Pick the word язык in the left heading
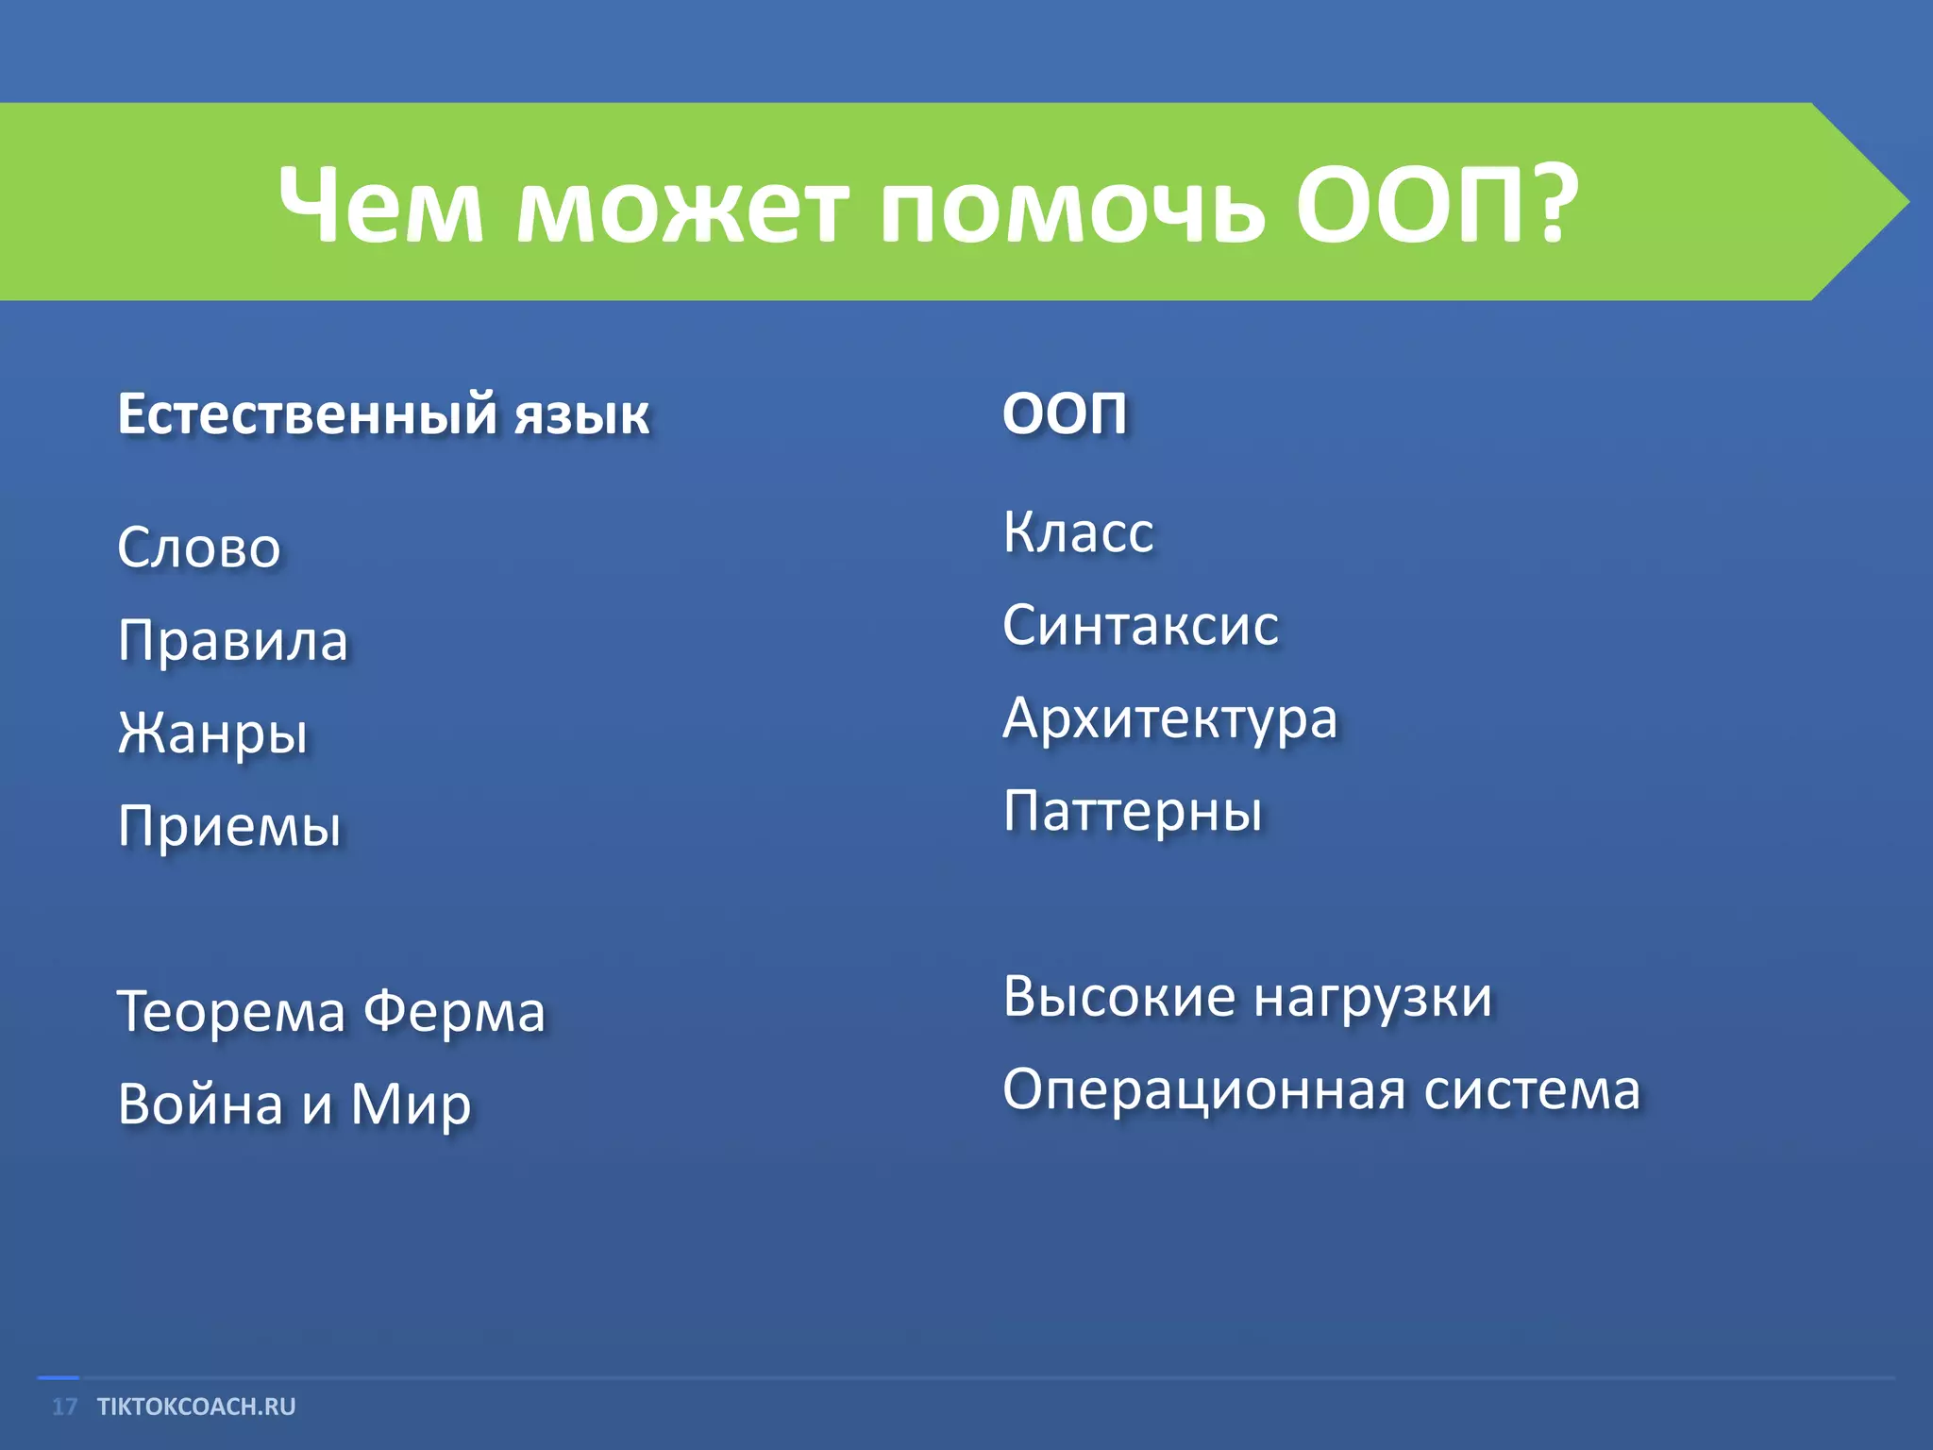581,415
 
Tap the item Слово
199,548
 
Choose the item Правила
233,641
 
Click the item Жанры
213,734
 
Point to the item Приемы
229,826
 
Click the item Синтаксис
1140,625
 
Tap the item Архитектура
1169,718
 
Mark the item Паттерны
1133,811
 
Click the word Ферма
454,1012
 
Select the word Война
200,1104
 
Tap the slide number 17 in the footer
64,1407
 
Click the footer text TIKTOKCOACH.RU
196,1407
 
